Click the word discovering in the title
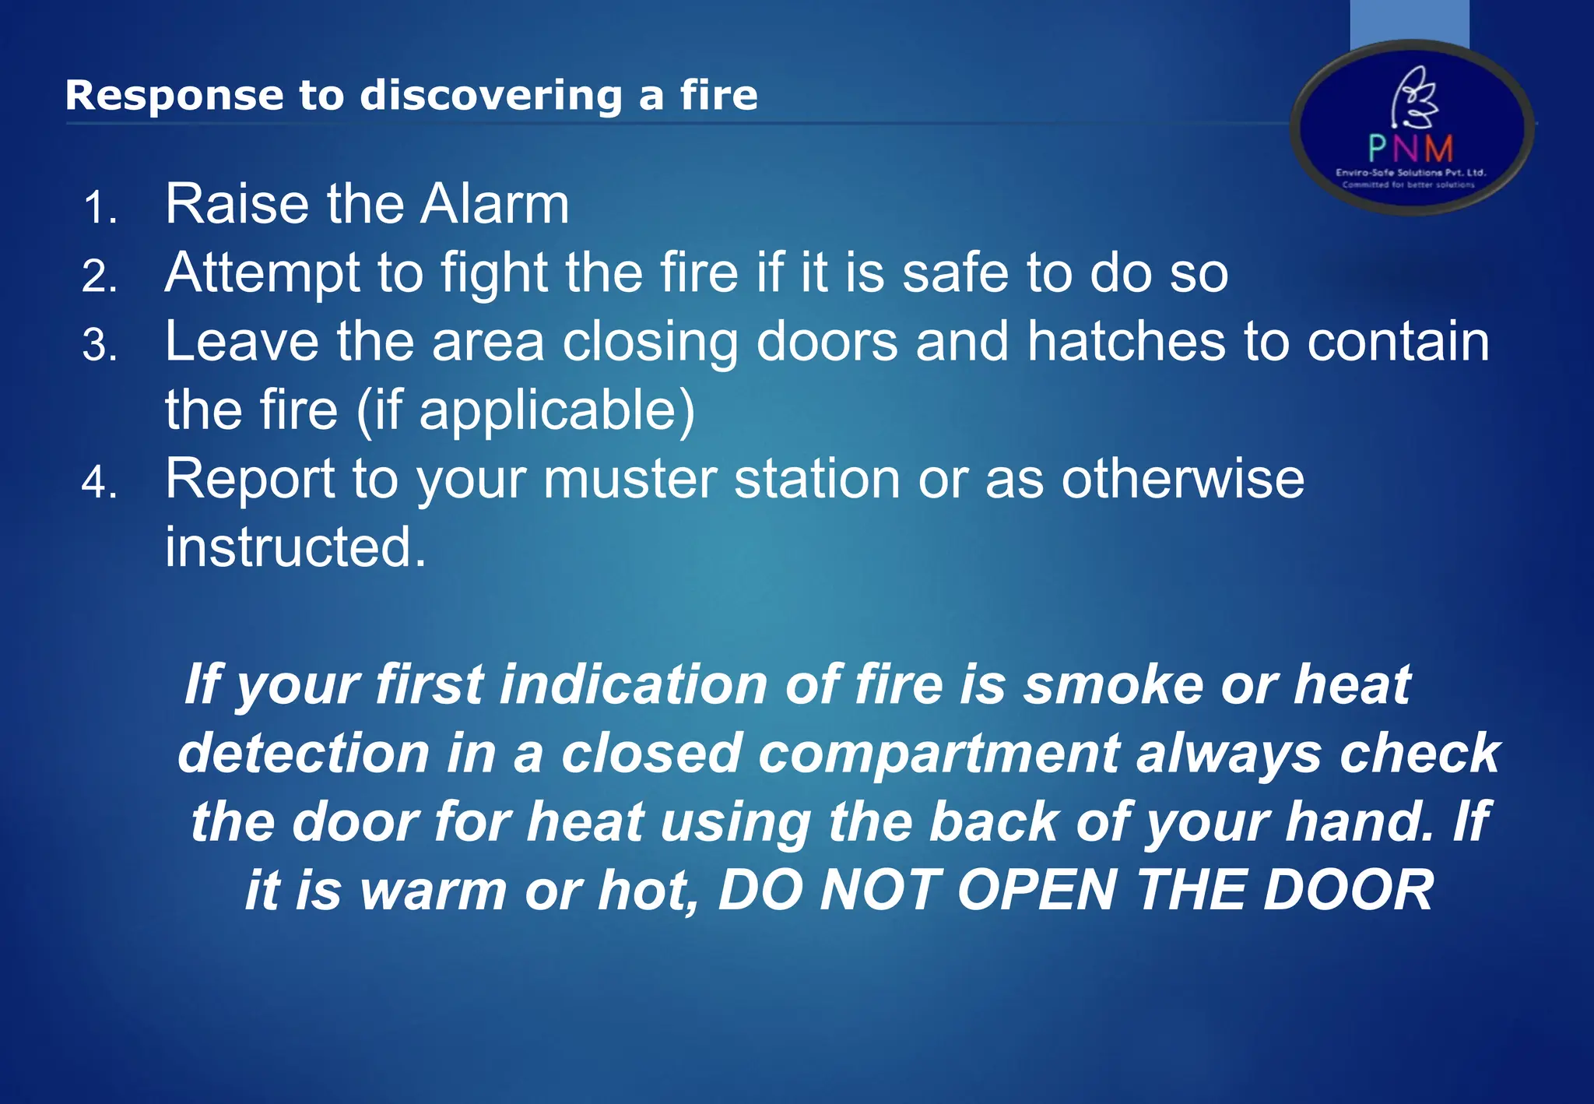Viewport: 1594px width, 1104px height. [x=490, y=97]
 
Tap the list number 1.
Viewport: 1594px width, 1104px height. [x=100, y=209]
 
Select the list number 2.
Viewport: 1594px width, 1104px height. [x=100, y=277]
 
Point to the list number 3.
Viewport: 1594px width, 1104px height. [x=100, y=346]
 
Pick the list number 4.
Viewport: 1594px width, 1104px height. [x=100, y=483]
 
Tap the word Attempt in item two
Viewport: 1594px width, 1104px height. [x=263, y=274]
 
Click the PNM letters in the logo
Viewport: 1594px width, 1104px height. [x=1410, y=148]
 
